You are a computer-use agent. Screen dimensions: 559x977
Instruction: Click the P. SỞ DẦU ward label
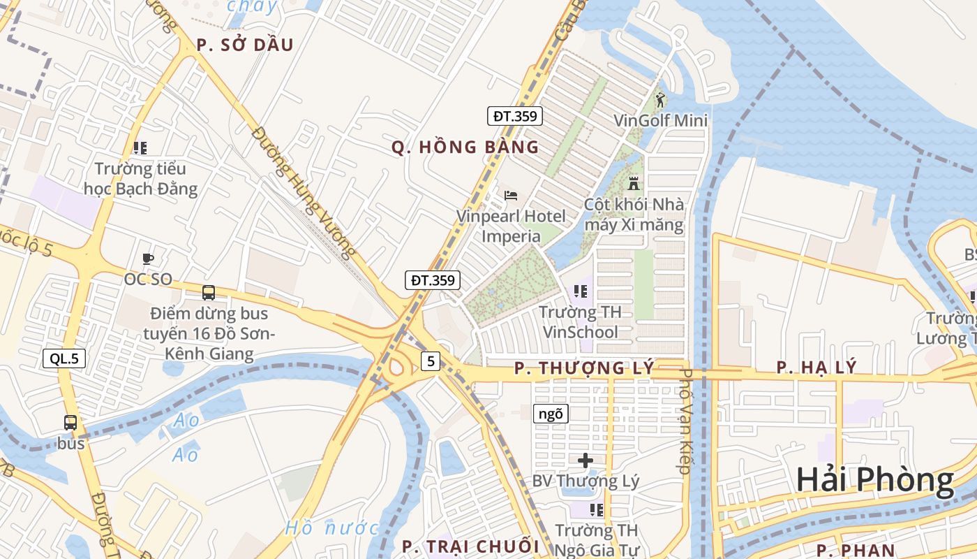[x=244, y=45]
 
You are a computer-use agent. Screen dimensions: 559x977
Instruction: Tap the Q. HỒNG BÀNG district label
[x=465, y=147]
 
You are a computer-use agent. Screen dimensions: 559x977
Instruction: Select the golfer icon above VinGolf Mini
[x=660, y=100]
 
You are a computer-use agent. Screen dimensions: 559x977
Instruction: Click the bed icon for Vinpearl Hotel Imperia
[x=511, y=195]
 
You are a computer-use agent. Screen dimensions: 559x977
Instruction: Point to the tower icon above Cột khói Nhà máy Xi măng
[x=634, y=184]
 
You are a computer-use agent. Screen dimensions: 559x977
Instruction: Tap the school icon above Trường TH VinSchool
[x=580, y=291]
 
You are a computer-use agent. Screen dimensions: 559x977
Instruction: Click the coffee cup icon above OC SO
[x=147, y=259]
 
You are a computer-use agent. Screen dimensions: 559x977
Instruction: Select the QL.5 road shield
[x=64, y=359]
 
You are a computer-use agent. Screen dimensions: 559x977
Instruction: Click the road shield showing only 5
[x=431, y=361]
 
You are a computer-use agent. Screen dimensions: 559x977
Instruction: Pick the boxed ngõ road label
[x=551, y=414]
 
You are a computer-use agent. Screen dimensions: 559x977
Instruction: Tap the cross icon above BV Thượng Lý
[x=586, y=460]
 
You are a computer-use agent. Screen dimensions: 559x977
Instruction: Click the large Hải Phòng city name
[x=874, y=480]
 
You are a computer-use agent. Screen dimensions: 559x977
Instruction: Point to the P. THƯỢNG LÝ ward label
[x=584, y=368]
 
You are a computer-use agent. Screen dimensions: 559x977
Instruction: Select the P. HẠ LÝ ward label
[x=816, y=368]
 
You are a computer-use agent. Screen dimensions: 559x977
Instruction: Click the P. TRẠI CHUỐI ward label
[x=471, y=546]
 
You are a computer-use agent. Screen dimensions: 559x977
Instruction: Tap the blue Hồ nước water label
[x=331, y=528]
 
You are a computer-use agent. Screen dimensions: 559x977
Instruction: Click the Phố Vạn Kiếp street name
[x=685, y=421]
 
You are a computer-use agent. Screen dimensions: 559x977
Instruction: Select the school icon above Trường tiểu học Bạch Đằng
[x=140, y=148]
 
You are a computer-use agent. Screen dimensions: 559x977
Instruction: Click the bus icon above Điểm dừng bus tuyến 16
[x=208, y=293]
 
